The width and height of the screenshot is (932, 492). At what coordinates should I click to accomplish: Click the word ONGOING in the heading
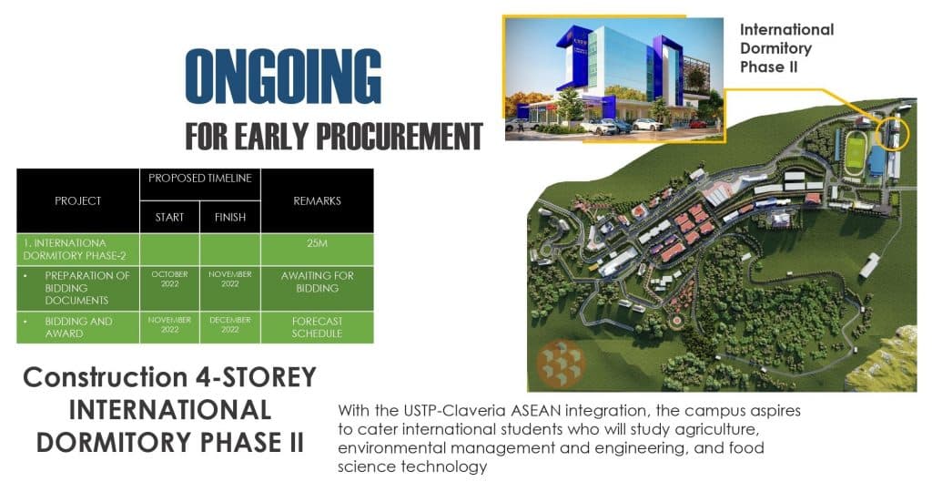283,77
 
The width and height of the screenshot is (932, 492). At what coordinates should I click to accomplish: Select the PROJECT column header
78,201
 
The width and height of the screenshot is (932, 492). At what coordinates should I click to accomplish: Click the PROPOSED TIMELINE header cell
200,178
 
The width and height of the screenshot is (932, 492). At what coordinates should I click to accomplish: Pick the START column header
169,217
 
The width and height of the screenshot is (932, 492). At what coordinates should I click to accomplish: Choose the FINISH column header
230,217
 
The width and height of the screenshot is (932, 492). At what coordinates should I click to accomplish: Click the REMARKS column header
318,201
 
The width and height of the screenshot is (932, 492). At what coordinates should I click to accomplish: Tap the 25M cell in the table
318,243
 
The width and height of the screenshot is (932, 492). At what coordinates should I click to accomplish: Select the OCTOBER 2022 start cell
169,279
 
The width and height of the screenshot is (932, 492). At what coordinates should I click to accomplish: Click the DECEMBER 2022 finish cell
230,324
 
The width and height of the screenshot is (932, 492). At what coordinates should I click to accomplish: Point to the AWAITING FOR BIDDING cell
318,282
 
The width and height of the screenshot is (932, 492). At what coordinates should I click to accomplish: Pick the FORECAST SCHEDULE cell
318,327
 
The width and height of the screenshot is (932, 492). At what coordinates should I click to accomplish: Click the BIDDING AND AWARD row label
78,327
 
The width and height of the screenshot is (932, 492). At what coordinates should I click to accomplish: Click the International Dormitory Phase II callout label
786,48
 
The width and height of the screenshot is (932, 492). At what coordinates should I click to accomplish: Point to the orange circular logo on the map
561,364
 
